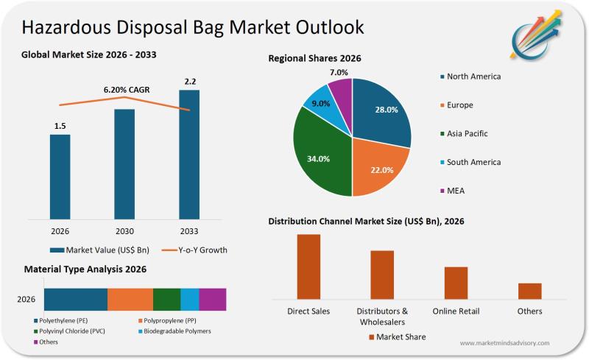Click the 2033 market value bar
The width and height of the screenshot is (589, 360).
189,155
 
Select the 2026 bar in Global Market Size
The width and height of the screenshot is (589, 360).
60,177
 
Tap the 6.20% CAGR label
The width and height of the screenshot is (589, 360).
127,90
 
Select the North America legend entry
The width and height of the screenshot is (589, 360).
473,77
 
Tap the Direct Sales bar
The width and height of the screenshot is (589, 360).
308,266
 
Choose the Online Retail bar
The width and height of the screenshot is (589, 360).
456,282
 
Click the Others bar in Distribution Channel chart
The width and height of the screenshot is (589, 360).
529,290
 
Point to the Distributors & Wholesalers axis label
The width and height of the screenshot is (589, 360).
382,317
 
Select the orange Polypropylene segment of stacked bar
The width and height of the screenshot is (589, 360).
130,299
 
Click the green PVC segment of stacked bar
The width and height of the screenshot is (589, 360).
166,299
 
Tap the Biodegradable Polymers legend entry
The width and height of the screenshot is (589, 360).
176,331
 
